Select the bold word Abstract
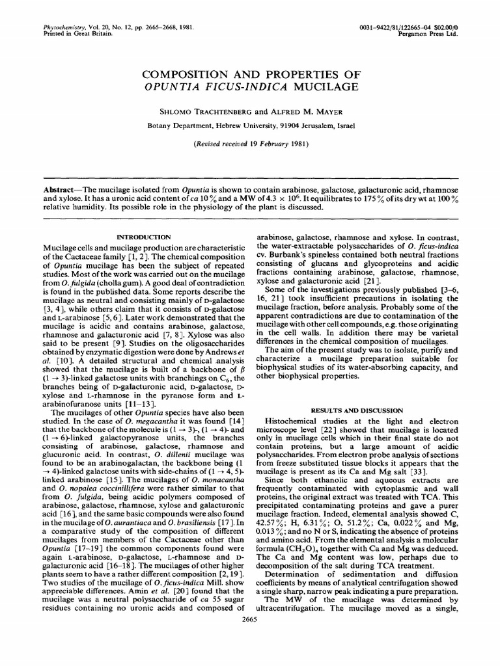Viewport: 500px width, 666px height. coord(55,185)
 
